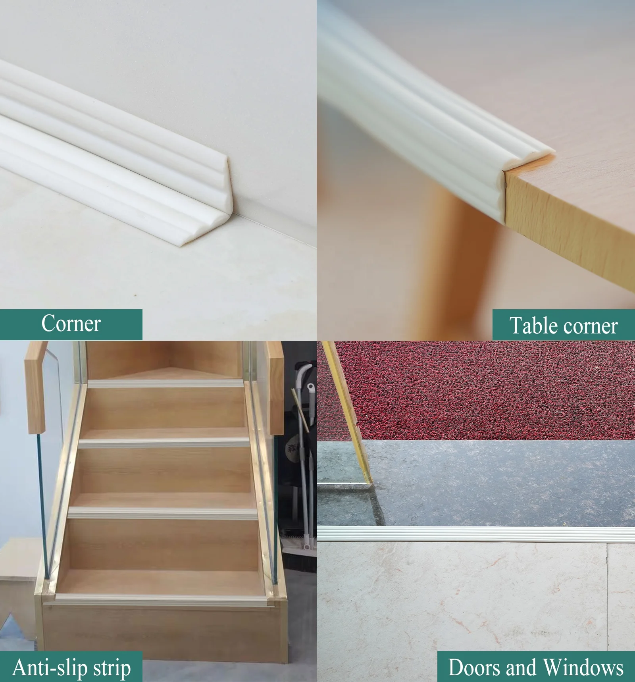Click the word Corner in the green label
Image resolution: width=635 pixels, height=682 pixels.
pyautogui.click(x=71, y=324)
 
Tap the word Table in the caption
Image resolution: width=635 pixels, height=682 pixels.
pyautogui.click(x=533, y=326)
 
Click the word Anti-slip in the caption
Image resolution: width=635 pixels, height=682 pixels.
pyautogui.click(x=50, y=668)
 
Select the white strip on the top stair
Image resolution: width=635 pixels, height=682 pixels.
pyautogui.click(x=165, y=383)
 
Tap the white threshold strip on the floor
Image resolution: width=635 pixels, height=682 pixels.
pyautogui.click(x=476, y=534)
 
